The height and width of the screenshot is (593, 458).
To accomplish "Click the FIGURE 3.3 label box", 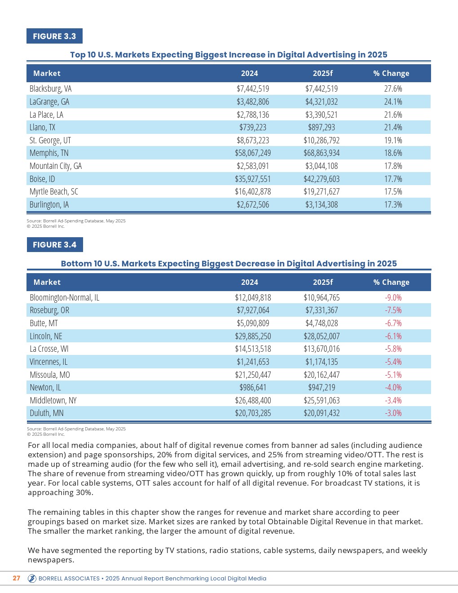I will click(54, 36).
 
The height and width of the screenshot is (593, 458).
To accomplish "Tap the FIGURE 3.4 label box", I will click(55, 245).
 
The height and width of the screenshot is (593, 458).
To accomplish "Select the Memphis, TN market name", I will click(49, 153).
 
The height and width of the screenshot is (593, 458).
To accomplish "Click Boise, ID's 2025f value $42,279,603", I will click(321, 179).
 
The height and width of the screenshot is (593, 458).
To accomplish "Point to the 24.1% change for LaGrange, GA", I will click(393, 102).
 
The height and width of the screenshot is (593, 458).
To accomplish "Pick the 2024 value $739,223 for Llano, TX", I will click(253, 128).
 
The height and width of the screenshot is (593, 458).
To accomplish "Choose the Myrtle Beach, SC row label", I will click(54, 192).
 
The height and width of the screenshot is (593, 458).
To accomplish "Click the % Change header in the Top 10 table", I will click(391, 73).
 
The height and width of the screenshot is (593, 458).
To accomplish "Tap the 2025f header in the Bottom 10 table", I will click(323, 282).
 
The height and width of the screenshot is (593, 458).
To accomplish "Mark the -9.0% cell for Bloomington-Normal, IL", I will click(393, 297).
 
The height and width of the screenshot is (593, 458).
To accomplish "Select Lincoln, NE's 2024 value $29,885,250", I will click(253, 336).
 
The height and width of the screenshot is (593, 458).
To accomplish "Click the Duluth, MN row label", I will click(47, 413).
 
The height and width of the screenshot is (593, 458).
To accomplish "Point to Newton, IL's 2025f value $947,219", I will click(321, 387).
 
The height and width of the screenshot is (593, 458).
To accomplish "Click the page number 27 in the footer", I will click(17, 578).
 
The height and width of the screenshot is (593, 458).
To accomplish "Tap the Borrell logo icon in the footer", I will click(32, 579).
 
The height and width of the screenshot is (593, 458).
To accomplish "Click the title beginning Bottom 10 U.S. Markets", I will click(229, 264).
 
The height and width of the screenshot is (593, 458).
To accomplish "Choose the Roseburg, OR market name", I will click(49, 310).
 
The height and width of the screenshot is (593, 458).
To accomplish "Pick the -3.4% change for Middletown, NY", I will click(393, 400).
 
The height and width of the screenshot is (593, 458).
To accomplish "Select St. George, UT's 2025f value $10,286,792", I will click(321, 141).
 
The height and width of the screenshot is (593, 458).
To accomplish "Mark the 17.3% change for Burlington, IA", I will click(393, 205).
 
